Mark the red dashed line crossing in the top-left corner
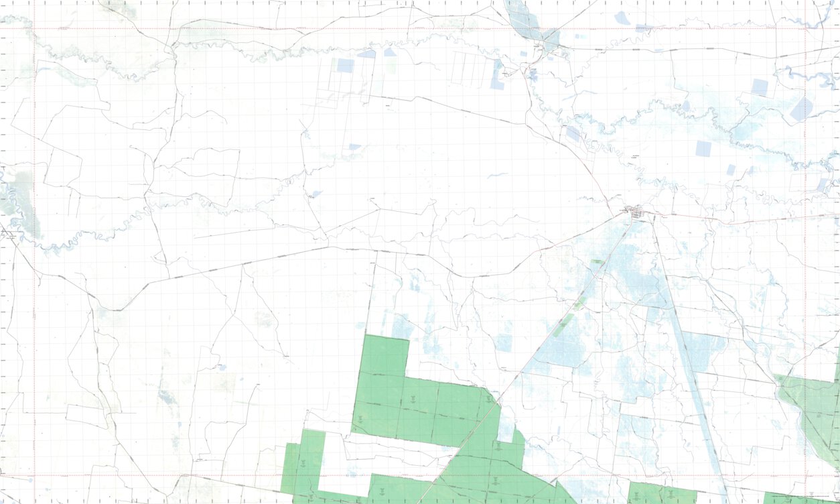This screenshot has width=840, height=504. [x=34, y=29]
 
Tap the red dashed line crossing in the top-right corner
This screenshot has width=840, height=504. [x=804, y=29]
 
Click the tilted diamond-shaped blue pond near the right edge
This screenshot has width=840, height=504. [x=801, y=109]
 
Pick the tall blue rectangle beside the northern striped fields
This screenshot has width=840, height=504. [x=497, y=74]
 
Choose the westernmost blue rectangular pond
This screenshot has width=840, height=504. [x=345, y=65]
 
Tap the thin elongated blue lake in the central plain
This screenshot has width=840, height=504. [x=497, y=176]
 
